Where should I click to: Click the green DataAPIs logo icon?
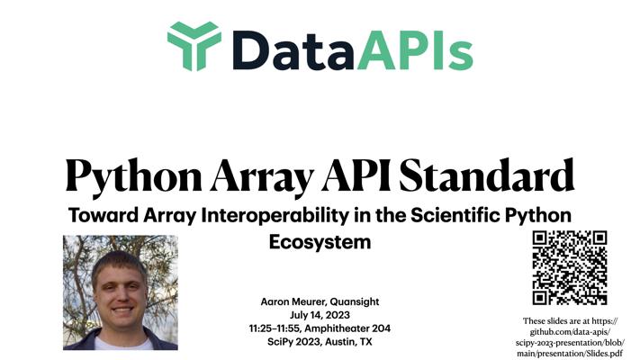click(x=194, y=46)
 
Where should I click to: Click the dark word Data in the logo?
click(x=293, y=50)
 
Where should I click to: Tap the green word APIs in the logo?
click(x=415, y=50)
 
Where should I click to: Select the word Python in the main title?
click(x=134, y=176)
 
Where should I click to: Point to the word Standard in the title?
click(x=487, y=175)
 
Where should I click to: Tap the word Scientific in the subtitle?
click(x=455, y=215)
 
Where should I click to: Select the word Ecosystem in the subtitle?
click(x=320, y=242)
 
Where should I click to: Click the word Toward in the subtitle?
click(x=104, y=215)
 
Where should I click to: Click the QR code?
click(x=570, y=267)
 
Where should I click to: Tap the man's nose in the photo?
click(x=121, y=293)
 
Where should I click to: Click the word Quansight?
click(x=355, y=302)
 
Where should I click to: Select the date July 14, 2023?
click(x=320, y=315)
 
